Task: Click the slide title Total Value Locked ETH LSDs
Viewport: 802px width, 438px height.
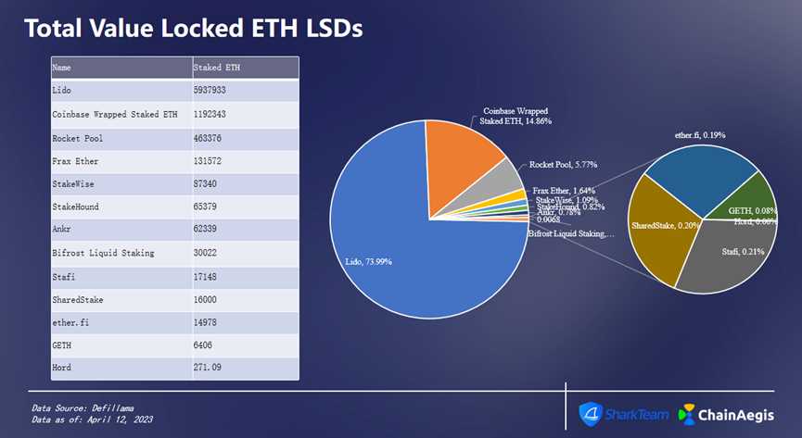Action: click(x=193, y=28)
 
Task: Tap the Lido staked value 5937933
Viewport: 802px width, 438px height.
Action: click(x=211, y=91)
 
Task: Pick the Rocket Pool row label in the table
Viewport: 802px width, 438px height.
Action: click(x=78, y=137)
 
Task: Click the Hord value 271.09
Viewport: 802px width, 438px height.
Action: click(x=211, y=368)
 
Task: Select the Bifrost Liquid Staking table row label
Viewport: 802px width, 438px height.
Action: click(x=102, y=253)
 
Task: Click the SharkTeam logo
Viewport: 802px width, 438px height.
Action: click(x=623, y=414)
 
